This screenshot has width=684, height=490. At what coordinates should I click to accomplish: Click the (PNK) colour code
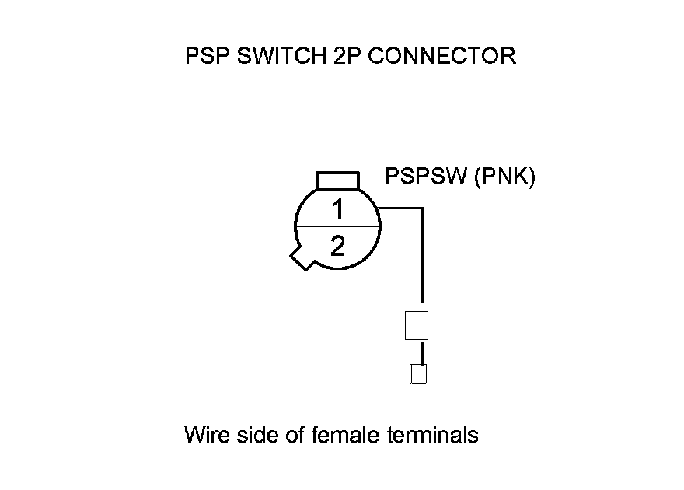(504, 177)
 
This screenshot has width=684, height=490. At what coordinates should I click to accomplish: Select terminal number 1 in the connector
(337, 208)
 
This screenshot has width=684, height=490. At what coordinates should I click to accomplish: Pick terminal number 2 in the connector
(337, 247)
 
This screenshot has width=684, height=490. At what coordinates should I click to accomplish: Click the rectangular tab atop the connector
(337, 180)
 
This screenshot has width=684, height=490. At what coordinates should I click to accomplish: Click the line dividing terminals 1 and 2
(337, 226)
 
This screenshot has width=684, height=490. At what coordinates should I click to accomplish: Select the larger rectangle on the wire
(417, 325)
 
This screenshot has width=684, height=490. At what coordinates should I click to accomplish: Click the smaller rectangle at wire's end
(418, 374)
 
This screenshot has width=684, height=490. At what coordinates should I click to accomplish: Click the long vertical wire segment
(422, 257)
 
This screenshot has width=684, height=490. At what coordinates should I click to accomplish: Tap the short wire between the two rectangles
(422, 352)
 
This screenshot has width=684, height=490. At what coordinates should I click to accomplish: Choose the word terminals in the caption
(432, 434)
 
